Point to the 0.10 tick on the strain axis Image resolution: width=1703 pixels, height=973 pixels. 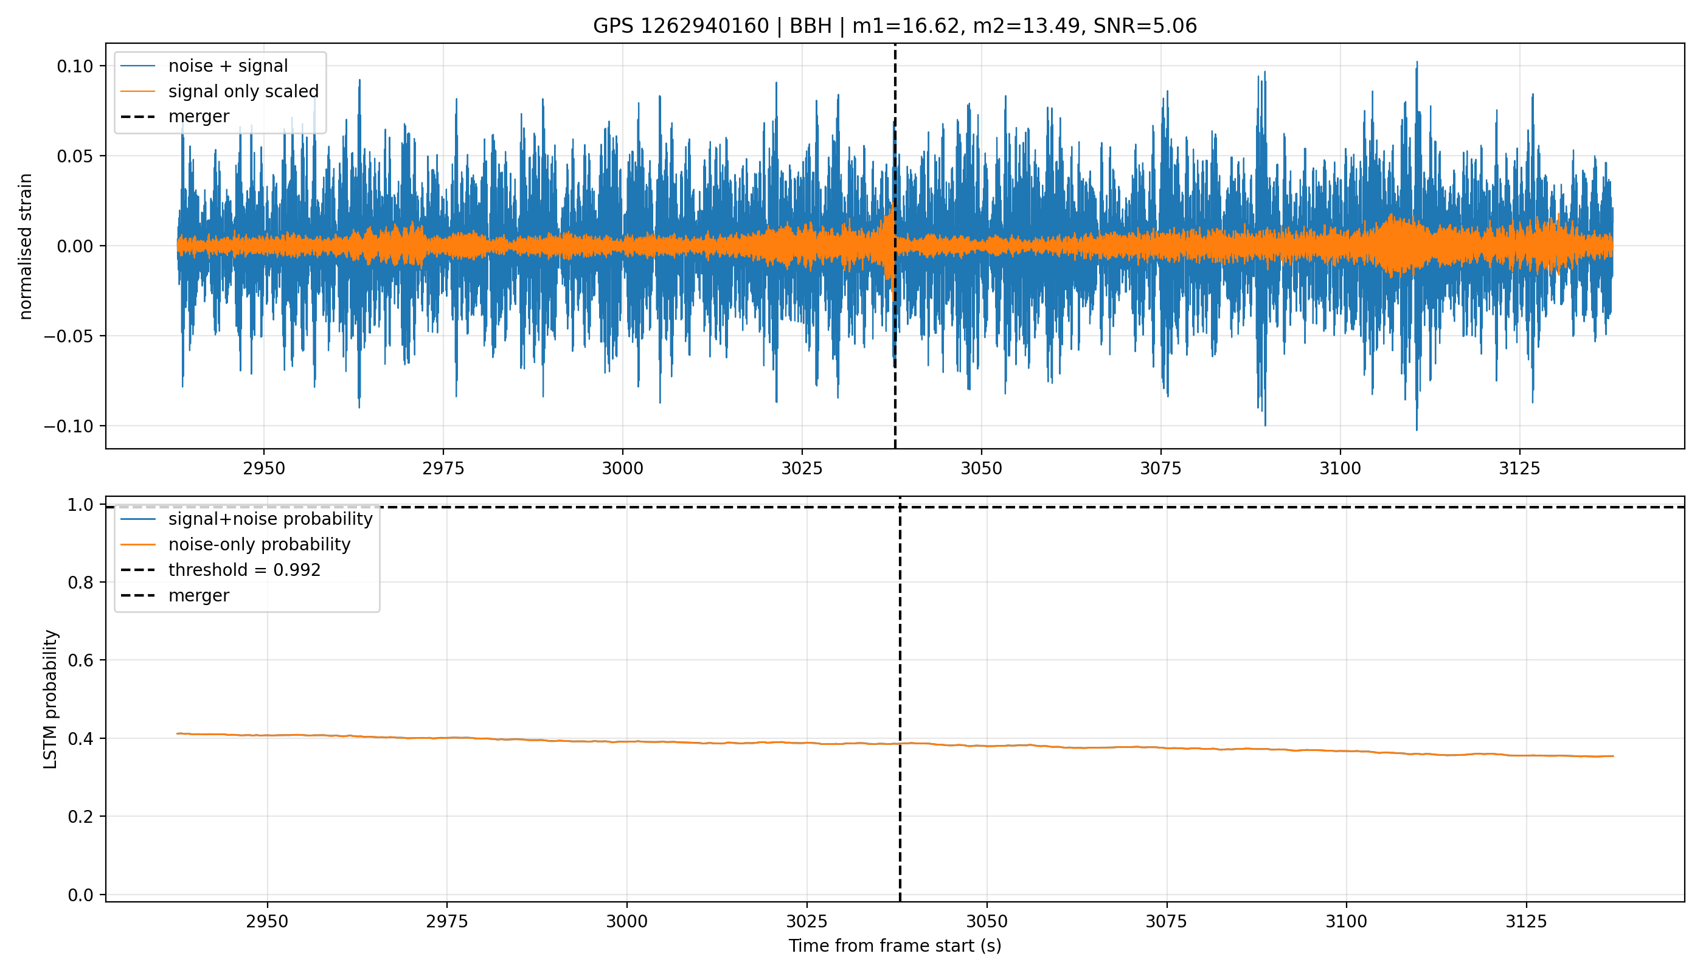pos(75,66)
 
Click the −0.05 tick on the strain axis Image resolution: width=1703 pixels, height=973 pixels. pos(69,336)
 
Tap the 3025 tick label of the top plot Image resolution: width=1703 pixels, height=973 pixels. pos(802,468)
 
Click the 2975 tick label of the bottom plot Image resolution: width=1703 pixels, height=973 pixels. pos(447,921)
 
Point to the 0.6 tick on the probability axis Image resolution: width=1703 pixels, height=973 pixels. pos(81,660)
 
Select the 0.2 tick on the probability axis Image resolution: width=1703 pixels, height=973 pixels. pos(81,817)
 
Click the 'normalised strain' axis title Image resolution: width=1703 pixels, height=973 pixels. pos(26,246)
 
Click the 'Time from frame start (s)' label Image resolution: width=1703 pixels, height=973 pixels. pos(895,946)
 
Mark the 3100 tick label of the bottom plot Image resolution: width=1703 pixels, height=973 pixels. pos(1346,921)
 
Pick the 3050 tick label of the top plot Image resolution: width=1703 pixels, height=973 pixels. pos(981,468)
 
